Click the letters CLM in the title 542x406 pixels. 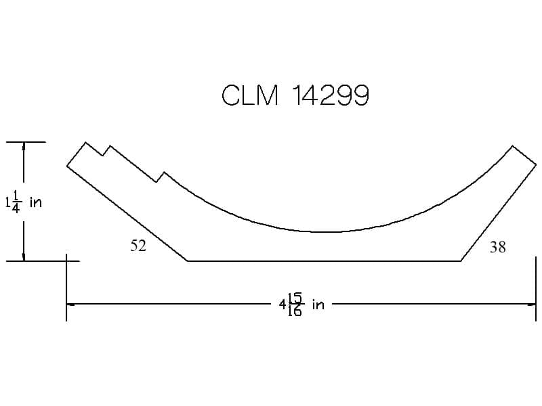(250, 95)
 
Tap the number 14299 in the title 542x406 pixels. (331, 95)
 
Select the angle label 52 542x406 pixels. (138, 246)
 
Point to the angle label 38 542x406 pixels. (498, 247)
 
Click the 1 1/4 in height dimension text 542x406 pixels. (24, 202)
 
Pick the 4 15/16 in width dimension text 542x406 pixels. (301, 304)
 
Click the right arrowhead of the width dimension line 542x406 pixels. (532, 304)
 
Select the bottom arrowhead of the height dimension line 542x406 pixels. (24, 257)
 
